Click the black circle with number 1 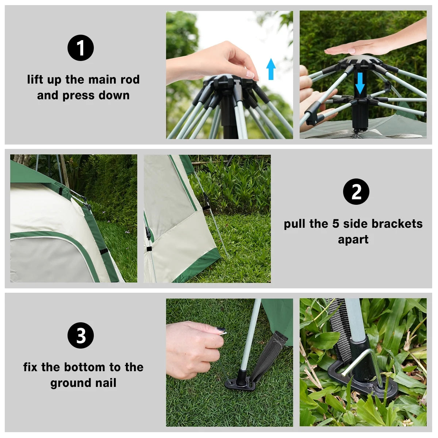pos(81,48)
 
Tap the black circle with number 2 pos(356,192)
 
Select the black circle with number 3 pos(81,335)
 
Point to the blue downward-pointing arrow pos(360,83)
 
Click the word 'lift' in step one pos(35,79)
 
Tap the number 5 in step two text pos(336,224)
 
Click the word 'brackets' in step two pos(399,224)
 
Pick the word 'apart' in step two pos(353,239)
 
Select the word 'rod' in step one pos(130,79)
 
